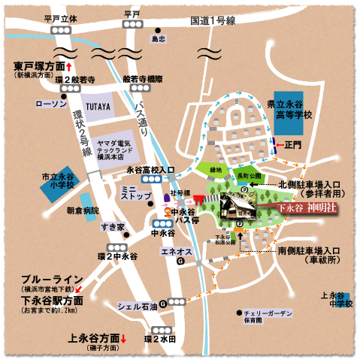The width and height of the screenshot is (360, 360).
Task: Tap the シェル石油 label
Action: coord(137,306)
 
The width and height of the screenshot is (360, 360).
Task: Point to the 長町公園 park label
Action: coord(247,175)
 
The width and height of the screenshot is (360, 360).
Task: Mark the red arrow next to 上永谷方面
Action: coord(125,338)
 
